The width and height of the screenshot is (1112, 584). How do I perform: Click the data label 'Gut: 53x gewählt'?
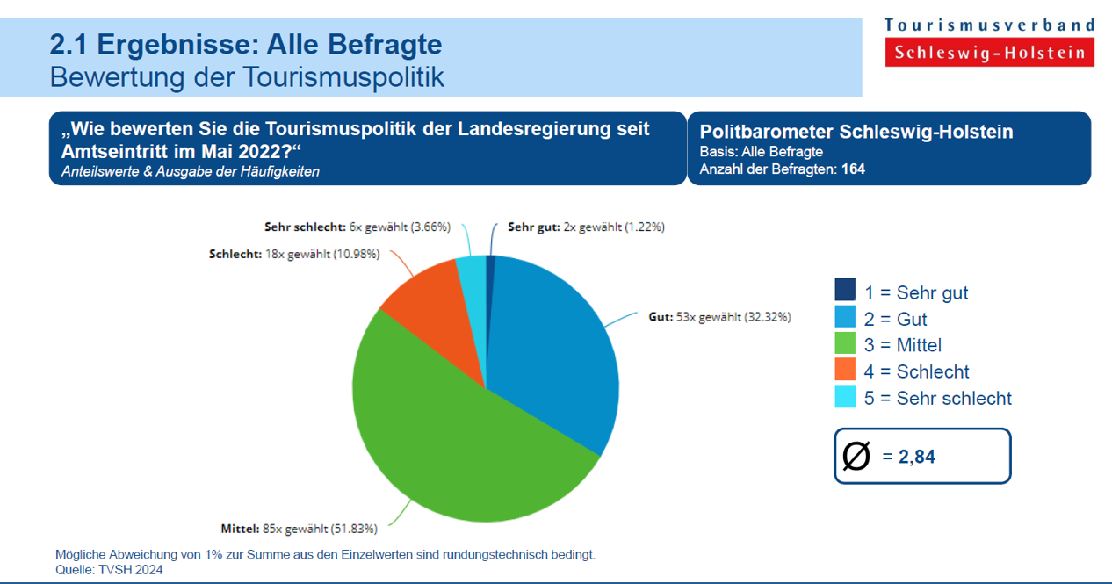pos(719,317)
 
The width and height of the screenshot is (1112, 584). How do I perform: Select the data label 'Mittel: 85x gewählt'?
pos(299,529)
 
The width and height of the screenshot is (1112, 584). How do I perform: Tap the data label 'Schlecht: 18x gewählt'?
pos(293,254)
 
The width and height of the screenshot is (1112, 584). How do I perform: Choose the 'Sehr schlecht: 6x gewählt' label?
pos(357,227)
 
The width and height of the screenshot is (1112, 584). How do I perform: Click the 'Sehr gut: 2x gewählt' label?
pos(586,227)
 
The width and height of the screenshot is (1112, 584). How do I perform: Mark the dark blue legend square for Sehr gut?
pos(845,290)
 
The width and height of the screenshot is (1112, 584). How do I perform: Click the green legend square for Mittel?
pos(845,343)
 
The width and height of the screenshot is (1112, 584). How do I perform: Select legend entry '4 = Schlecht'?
pos(916,371)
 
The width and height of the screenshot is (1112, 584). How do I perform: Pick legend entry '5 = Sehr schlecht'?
pos(937,398)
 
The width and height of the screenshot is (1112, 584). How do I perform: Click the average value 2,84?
pos(916,457)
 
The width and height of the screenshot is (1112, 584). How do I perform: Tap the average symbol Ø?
pos(856,456)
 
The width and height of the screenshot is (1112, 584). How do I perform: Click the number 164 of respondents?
pos(853,169)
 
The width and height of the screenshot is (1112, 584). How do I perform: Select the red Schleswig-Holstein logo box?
pos(990,53)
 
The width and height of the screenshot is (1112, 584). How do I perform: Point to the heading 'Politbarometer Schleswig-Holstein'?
pos(856,132)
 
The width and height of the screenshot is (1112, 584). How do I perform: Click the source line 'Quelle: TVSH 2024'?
pos(109,569)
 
